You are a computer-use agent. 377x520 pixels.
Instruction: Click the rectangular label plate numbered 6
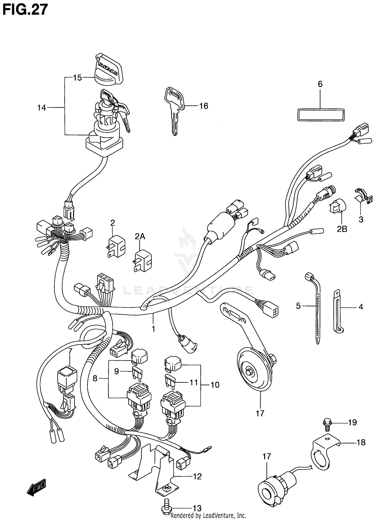(x=321, y=115)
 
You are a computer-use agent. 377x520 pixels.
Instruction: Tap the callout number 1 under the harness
(x=153, y=329)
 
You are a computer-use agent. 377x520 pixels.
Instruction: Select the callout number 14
(x=41, y=108)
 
